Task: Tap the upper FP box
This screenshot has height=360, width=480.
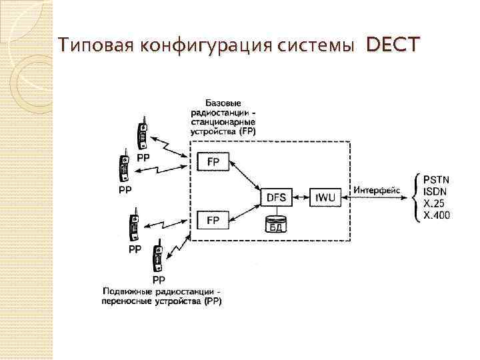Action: [x=213, y=162]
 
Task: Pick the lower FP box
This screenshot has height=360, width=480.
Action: [x=213, y=219]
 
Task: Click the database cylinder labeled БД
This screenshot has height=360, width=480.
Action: [x=276, y=223]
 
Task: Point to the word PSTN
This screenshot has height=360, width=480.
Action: [x=437, y=179]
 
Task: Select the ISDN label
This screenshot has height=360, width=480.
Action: [x=436, y=192]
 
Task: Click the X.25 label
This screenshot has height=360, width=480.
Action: [x=435, y=204]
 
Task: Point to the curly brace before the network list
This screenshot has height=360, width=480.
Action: [x=418, y=197]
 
